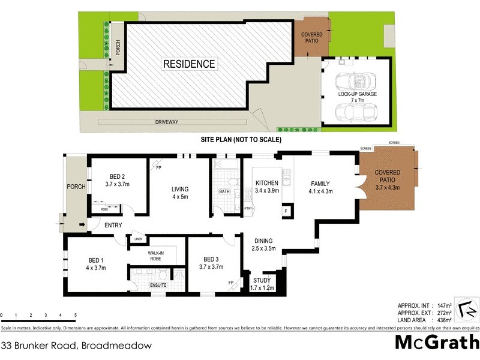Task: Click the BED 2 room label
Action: [x=114, y=181]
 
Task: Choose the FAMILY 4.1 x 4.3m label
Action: [x=321, y=188]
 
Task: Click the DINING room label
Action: [x=263, y=244]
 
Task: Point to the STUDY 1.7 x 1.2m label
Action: [x=262, y=284]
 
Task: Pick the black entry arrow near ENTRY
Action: [x=81, y=225]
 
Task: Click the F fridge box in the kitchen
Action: [x=286, y=211]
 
